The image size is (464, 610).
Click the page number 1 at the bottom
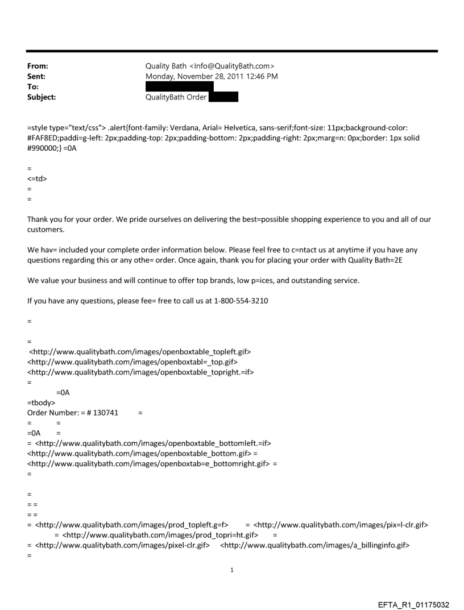click(x=232, y=570)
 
